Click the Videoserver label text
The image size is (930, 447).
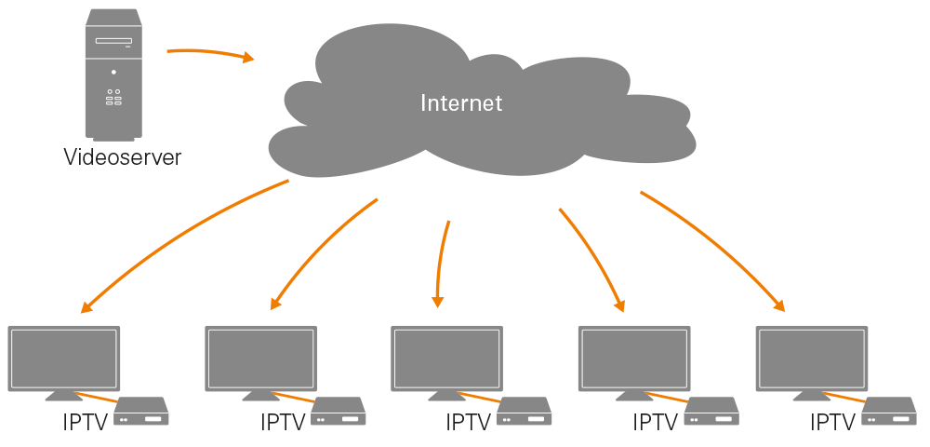122,157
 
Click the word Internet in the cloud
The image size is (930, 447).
461,102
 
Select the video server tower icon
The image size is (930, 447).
113,74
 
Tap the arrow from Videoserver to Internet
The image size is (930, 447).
209,53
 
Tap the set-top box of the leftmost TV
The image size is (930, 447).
141,413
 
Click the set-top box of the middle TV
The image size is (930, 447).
525,413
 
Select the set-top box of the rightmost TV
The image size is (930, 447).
890,413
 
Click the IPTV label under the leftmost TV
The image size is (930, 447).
86,423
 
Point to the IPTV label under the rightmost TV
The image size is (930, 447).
832,423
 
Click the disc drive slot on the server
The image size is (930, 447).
113,41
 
